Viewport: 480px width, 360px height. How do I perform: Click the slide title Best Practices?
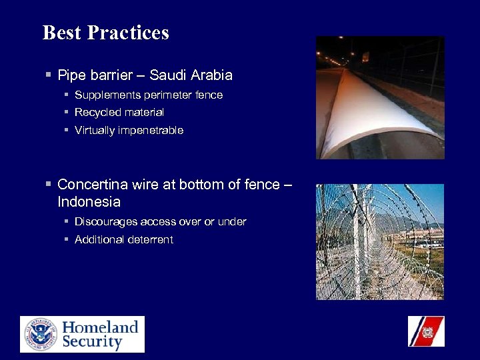click(x=105, y=33)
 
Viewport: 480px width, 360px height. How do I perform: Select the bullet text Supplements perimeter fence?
click(x=148, y=95)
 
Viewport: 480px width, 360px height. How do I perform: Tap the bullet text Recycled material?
click(x=119, y=113)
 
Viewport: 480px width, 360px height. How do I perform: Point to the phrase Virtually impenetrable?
click(x=129, y=131)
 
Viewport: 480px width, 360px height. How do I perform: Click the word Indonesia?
click(x=89, y=201)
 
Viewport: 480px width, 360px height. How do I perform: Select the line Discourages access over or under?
click(x=160, y=221)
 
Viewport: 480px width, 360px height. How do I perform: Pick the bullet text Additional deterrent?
click(x=123, y=239)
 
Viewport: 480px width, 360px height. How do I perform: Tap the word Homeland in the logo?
click(x=100, y=327)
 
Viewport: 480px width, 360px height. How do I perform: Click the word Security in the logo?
click(x=92, y=343)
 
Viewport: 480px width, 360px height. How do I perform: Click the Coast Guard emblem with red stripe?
click(x=426, y=331)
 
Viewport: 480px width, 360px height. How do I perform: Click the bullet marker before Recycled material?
click(x=67, y=113)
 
